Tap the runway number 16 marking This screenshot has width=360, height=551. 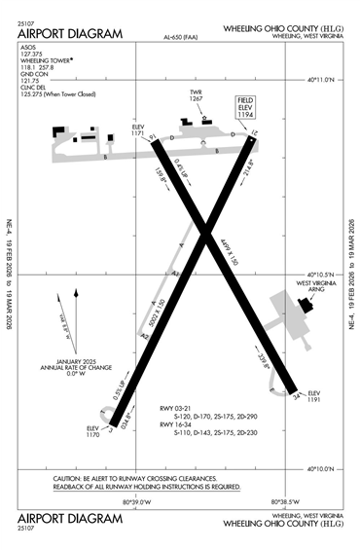(x=154, y=140)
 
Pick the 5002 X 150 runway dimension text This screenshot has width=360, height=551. (x=160, y=312)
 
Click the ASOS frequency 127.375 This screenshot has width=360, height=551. (x=34, y=55)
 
